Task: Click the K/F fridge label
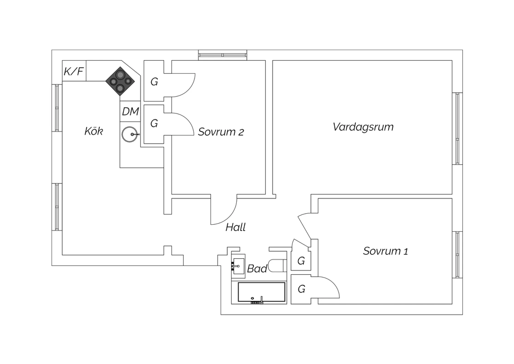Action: [74, 71]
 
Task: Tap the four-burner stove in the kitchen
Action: [120, 81]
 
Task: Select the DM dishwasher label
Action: [130, 111]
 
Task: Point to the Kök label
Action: [94, 131]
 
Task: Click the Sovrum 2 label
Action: [221, 132]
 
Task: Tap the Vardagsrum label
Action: [363, 127]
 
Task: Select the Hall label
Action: [235, 227]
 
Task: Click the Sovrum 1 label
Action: [385, 251]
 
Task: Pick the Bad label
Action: [257, 269]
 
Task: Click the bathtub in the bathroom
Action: [261, 293]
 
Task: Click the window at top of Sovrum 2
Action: [222, 55]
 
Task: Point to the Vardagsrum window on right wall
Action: [457, 128]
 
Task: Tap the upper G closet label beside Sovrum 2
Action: [154, 82]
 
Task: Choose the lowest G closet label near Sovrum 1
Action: [301, 289]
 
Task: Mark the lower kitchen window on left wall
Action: [57, 207]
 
